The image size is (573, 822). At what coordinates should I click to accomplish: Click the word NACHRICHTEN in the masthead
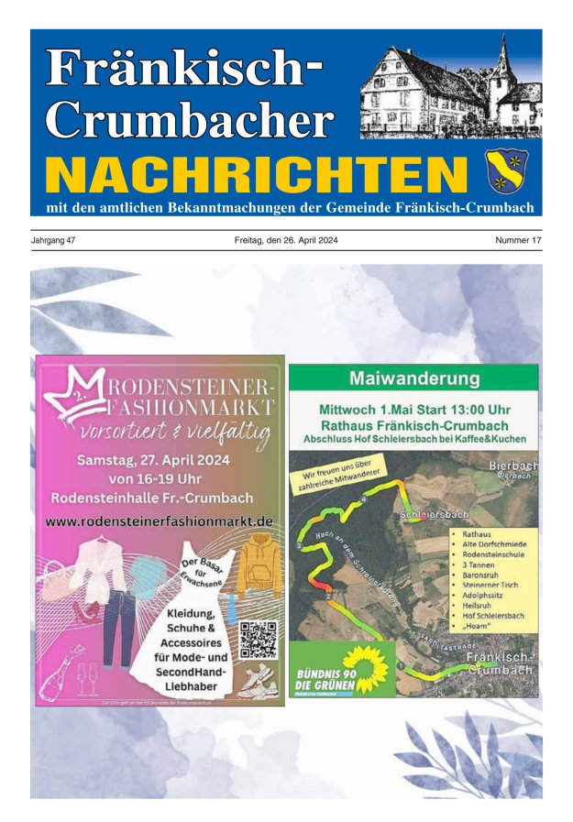click(256, 173)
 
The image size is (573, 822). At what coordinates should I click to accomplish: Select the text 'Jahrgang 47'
click(54, 240)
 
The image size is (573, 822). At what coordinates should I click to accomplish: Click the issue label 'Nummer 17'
click(518, 240)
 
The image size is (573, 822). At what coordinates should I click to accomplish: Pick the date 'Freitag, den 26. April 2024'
click(286, 240)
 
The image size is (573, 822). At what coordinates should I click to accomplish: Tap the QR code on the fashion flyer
click(258, 639)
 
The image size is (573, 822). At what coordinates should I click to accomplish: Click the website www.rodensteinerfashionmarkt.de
click(160, 521)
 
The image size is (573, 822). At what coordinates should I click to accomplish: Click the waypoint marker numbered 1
click(401, 663)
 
